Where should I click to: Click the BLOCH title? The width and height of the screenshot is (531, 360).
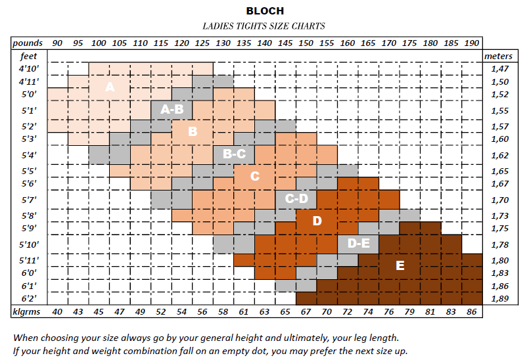265,11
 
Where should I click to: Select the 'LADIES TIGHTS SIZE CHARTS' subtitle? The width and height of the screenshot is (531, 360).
265,26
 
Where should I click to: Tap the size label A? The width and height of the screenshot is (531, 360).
110,87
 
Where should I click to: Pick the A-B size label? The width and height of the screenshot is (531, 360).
172,109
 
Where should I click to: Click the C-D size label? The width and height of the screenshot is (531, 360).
296,198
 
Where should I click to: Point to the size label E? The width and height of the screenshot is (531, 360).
400,265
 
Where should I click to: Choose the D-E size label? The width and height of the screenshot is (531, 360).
358,244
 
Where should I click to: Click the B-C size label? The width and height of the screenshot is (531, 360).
234,154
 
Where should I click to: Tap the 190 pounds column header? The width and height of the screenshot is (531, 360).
471,43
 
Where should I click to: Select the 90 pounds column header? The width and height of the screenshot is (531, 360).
58,43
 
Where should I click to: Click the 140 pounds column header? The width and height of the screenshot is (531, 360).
264,43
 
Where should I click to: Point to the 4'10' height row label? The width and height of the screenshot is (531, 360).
29,68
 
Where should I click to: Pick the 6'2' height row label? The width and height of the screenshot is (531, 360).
29,298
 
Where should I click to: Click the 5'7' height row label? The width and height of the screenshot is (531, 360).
29,200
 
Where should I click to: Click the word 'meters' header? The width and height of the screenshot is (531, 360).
498,56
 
